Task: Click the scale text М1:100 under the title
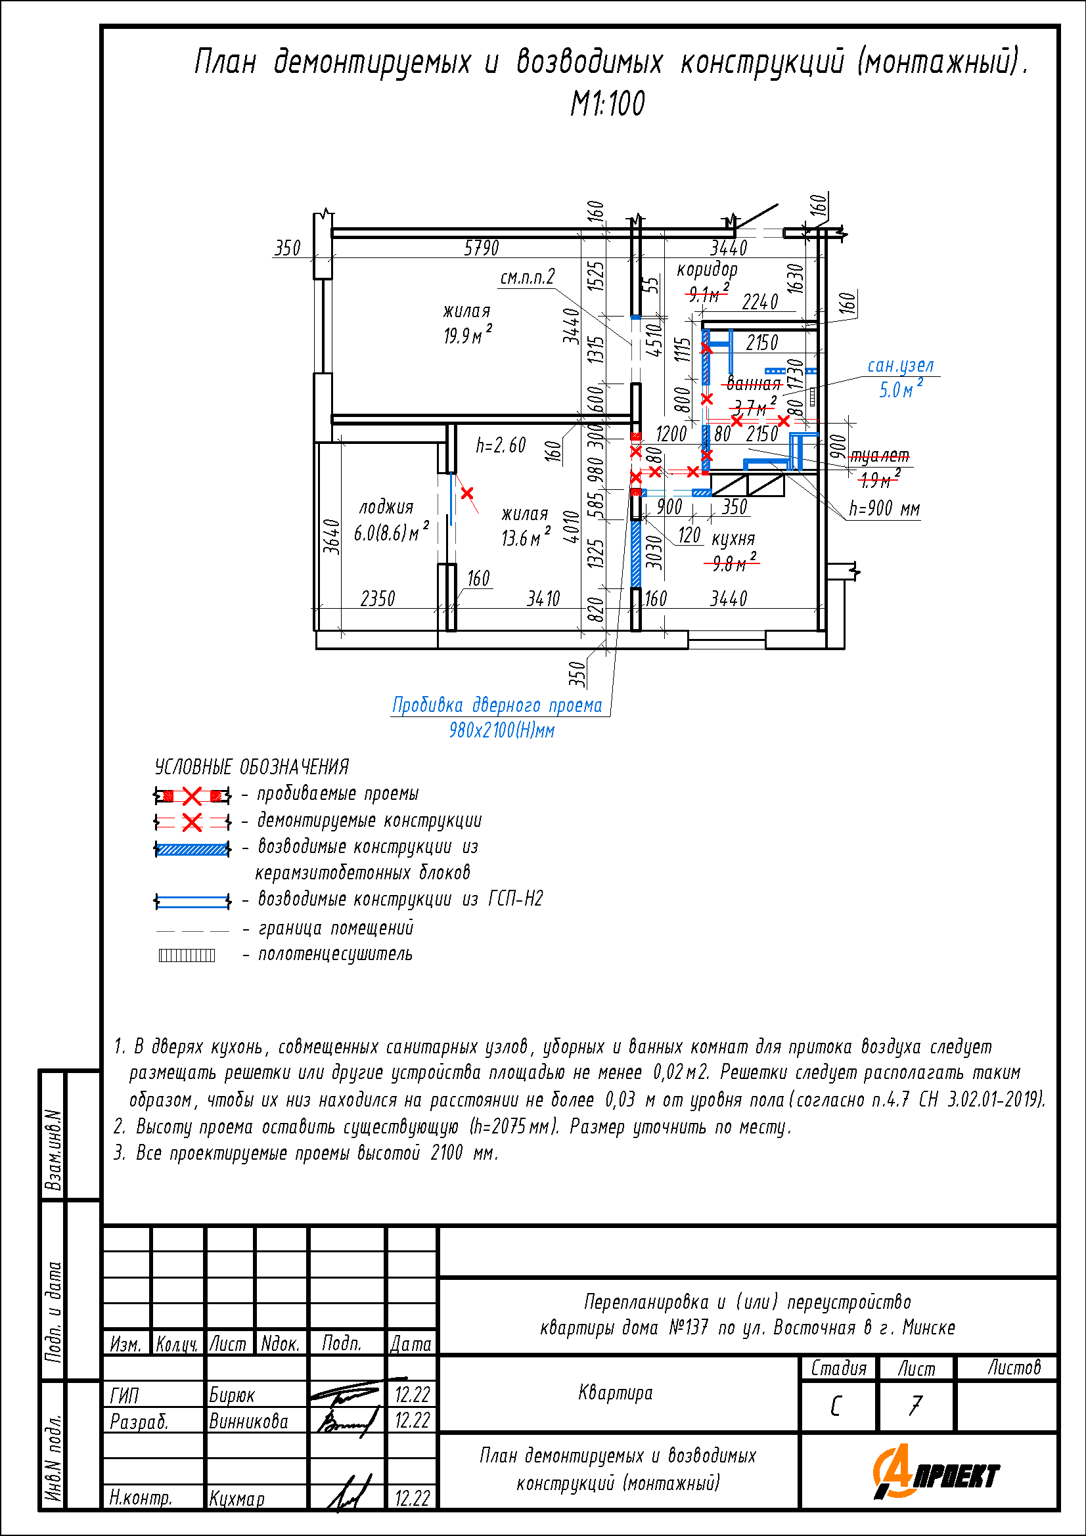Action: (x=608, y=104)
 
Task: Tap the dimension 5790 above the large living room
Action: (x=481, y=248)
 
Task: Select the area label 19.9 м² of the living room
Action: (x=468, y=334)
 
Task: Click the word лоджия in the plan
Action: (x=386, y=508)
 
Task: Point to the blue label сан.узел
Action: (x=900, y=366)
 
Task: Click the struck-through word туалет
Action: (x=879, y=456)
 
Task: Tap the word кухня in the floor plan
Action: (x=733, y=538)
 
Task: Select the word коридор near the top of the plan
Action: (x=708, y=270)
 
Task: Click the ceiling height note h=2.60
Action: (x=501, y=445)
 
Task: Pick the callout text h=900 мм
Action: (x=884, y=509)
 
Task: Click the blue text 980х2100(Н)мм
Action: (x=502, y=730)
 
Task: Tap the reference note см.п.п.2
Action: (x=528, y=277)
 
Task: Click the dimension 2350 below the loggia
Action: (x=377, y=598)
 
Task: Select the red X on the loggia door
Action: (x=467, y=493)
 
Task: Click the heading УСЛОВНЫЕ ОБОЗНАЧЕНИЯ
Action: (x=252, y=766)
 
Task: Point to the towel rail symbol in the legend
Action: (x=187, y=955)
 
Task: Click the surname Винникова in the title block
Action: (x=248, y=1421)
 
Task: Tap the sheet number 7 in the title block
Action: (x=915, y=1405)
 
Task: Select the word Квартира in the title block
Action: (x=615, y=1393)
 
